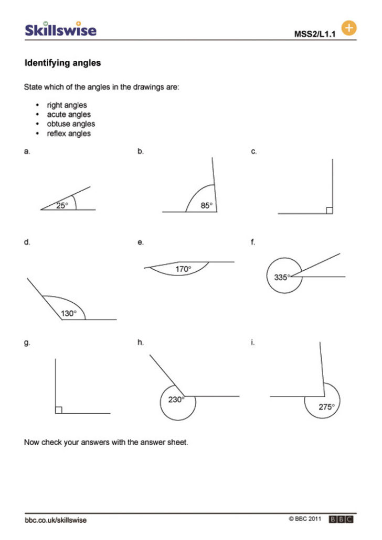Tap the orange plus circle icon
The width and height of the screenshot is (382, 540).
(348, 28)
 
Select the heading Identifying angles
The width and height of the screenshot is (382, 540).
(62, 63)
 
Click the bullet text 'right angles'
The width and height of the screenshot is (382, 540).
(67, 105)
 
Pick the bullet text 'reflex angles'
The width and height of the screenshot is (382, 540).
(69, 134)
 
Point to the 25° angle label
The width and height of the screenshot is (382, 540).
(62, 206)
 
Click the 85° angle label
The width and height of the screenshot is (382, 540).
(207, 206)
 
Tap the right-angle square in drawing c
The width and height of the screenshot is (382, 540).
(329, 211)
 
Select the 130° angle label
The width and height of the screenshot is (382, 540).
(68, 313)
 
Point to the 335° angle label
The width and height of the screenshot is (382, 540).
(281, 277)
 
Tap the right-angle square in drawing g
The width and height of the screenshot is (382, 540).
(59, 410)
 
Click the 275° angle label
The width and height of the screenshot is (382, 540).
(326, 406)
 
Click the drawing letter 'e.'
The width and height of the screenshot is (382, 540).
(140, 242)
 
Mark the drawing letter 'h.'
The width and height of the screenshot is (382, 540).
(140, 343)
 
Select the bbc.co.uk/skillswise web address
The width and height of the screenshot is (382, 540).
(56, 520)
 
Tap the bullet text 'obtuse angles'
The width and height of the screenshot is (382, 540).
(71, 124)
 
